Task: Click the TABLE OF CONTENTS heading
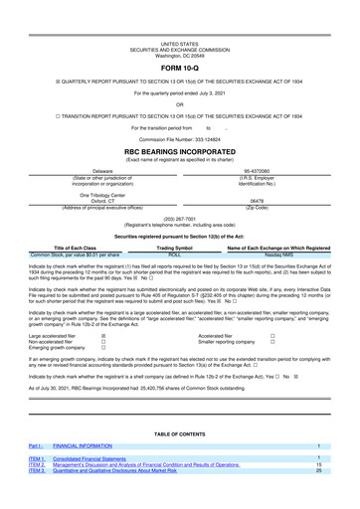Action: click(x=179, y=434)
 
